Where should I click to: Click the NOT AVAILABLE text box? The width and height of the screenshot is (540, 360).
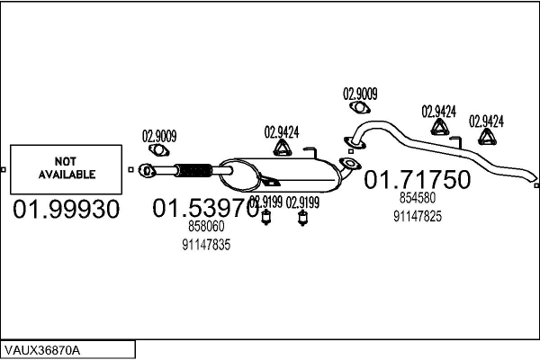pyautogui.click(x=65, y=168)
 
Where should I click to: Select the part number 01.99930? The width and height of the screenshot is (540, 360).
pyautogui.click(x=65, y=210)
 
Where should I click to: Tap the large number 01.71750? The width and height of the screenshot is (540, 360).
pyautogui.click(x=417, y=180)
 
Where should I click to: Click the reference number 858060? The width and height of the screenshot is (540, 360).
pyautogui.click(x=205, y=229)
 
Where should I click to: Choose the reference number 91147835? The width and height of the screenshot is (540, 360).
pyautogui.click(x=206, y=245)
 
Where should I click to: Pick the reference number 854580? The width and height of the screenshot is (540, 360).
pyautogui.click(x=417, y=198)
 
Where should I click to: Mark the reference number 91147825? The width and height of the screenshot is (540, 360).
pyautogui.click(x=417, y=216)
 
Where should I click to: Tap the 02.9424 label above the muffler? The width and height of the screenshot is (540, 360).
pyautogui.click(x=282, y=131)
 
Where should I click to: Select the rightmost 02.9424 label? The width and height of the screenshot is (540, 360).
pyautogui.click(x=486, y=120)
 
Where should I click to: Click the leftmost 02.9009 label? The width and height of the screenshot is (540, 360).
pyautogui.click(x=159, y=137)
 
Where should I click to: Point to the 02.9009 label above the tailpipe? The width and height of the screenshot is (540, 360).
pyautogui.click(x=360, y=93)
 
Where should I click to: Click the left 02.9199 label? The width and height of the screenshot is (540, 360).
pyautogui.click(x=265, y=202)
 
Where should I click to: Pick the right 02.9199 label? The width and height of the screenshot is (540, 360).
pyautogui.click(x=303, y=202)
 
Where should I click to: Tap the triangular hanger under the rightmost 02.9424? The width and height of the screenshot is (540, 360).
pyautogui.click(x=487, y=137)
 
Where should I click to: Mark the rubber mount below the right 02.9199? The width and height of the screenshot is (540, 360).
pyautogui.click(x=303, y=219)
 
